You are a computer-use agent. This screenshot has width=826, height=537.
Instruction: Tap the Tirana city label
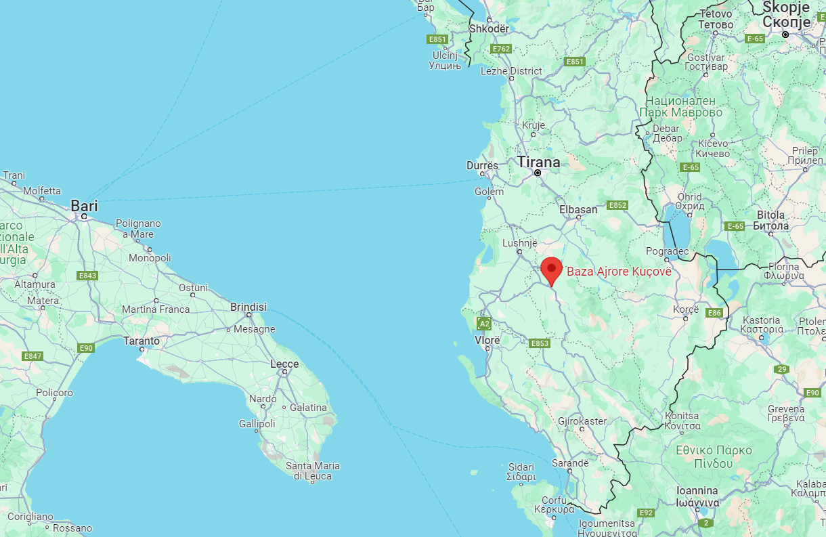(x=538, y=163)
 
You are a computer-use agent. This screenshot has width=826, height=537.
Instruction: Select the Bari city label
(x=85, y=205)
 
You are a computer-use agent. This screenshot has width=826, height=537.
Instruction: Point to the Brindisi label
(x=248, y=306)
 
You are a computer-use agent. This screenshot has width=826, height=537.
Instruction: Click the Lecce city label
(x=284, y=364)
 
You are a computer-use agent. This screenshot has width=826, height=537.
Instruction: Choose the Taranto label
(x=142, y=341)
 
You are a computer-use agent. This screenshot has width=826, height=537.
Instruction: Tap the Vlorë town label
(x=487, y=340)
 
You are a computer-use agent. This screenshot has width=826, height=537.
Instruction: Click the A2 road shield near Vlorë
(x=484, y=324)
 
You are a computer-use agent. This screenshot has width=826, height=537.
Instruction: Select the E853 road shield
(x=540, y=343)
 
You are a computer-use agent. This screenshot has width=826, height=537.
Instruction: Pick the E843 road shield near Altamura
(x=87, y=276)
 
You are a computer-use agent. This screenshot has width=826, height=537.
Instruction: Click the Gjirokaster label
(x=582, y=421)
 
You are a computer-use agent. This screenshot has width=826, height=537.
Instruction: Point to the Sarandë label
(x=570, y=463)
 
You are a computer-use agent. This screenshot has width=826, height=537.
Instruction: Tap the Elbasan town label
(x=578, y=209)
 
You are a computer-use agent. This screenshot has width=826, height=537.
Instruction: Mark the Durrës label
(x=482, y=165)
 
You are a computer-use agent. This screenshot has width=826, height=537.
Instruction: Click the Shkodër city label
(x=489, y=28)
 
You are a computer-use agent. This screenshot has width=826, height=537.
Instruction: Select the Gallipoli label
(x=257, y=424)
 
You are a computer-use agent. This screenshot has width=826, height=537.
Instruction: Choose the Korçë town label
(x=686, y=309)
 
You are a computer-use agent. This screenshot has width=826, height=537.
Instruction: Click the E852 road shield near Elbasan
(x=618, y=205)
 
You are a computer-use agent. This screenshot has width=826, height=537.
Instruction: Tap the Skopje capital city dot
(x=785, y=34)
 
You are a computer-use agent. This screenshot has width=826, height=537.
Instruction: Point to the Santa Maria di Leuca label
(x=313, y=471)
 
